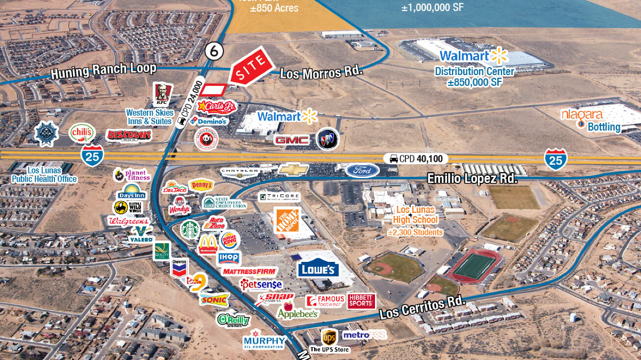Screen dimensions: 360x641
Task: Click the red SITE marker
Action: point(251,66)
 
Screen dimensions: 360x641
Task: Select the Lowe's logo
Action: point(318,268)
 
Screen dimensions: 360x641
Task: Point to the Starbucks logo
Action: point(190,229)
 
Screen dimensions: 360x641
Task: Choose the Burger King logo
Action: point(229,240)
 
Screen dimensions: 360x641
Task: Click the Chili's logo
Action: point(82,132)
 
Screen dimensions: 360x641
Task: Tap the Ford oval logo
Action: point(362,171)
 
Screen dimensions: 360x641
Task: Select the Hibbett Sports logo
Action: point(361,301)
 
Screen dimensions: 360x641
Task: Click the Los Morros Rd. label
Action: point(321,73)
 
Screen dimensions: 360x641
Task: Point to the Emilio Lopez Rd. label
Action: point(472,179)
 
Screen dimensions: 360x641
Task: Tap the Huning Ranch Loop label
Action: point(104,70)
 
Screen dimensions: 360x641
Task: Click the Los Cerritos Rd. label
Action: point(422,308)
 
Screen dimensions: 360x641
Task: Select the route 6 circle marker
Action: point(214,50)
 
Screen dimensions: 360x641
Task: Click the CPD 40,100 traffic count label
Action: point(415,158)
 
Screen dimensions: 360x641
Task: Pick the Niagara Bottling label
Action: point(591,121)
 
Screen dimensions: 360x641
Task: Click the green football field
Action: point(475,267)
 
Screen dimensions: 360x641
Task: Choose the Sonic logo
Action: point(214,299)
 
